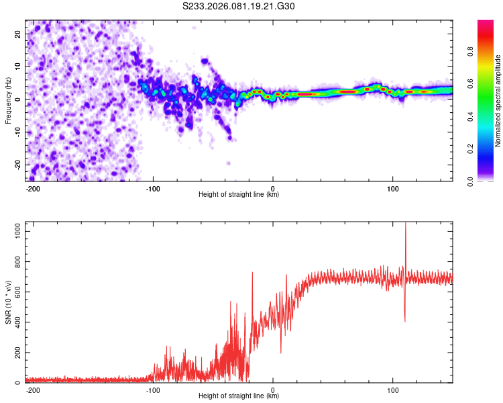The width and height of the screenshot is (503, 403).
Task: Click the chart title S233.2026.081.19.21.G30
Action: [239, 7]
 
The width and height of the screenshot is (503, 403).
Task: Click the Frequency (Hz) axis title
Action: [8, 100]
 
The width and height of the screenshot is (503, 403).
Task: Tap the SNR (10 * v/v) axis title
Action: [8, 302]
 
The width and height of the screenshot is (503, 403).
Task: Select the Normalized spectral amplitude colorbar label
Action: [498, 101]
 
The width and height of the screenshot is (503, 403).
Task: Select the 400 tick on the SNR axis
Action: [17, 322]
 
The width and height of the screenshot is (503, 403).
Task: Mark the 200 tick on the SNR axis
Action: [17, 352]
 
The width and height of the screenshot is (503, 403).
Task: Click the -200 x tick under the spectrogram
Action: [33, 188]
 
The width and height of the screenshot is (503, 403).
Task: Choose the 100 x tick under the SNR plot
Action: [393, 390]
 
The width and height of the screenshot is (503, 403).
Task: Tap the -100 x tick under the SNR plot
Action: [152, 390]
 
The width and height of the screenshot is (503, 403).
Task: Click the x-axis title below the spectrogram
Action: [239, 195]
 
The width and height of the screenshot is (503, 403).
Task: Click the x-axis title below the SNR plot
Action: [239, 396]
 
